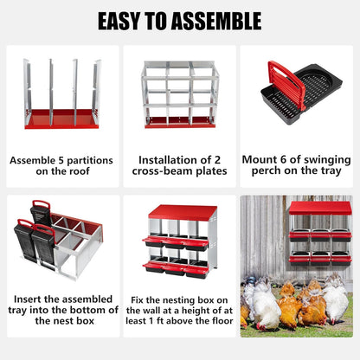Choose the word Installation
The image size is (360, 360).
[166, 160]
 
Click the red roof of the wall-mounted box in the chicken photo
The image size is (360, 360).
[319, 208]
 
